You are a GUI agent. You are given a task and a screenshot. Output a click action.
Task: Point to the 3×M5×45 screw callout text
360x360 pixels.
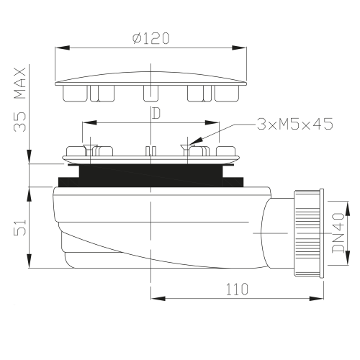click(x=294, y=124)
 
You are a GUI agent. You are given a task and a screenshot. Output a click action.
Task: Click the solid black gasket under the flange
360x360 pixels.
click(x=150, y=174)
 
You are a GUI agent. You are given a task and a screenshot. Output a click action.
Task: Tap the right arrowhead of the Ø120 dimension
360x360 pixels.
click(x=240, y=49)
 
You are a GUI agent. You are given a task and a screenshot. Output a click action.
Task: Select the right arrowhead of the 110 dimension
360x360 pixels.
click(x=323, y=298)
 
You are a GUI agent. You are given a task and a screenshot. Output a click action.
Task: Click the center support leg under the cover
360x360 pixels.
click(x=150, y=93)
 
